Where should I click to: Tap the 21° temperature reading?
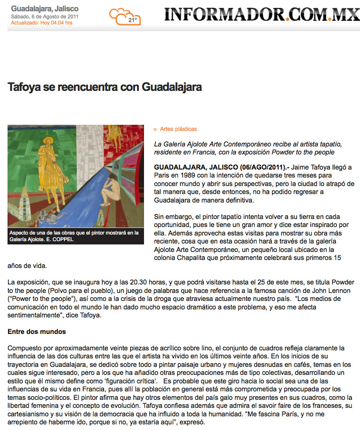click(133, 20)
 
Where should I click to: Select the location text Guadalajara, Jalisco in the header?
click(45, 8)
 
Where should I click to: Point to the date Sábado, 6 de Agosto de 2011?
click(45, 16)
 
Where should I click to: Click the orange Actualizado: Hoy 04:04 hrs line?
click(41, 23)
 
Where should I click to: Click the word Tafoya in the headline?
click(23, 87)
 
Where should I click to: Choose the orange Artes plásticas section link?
click(178, 129)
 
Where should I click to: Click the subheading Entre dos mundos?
click(37, 332)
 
